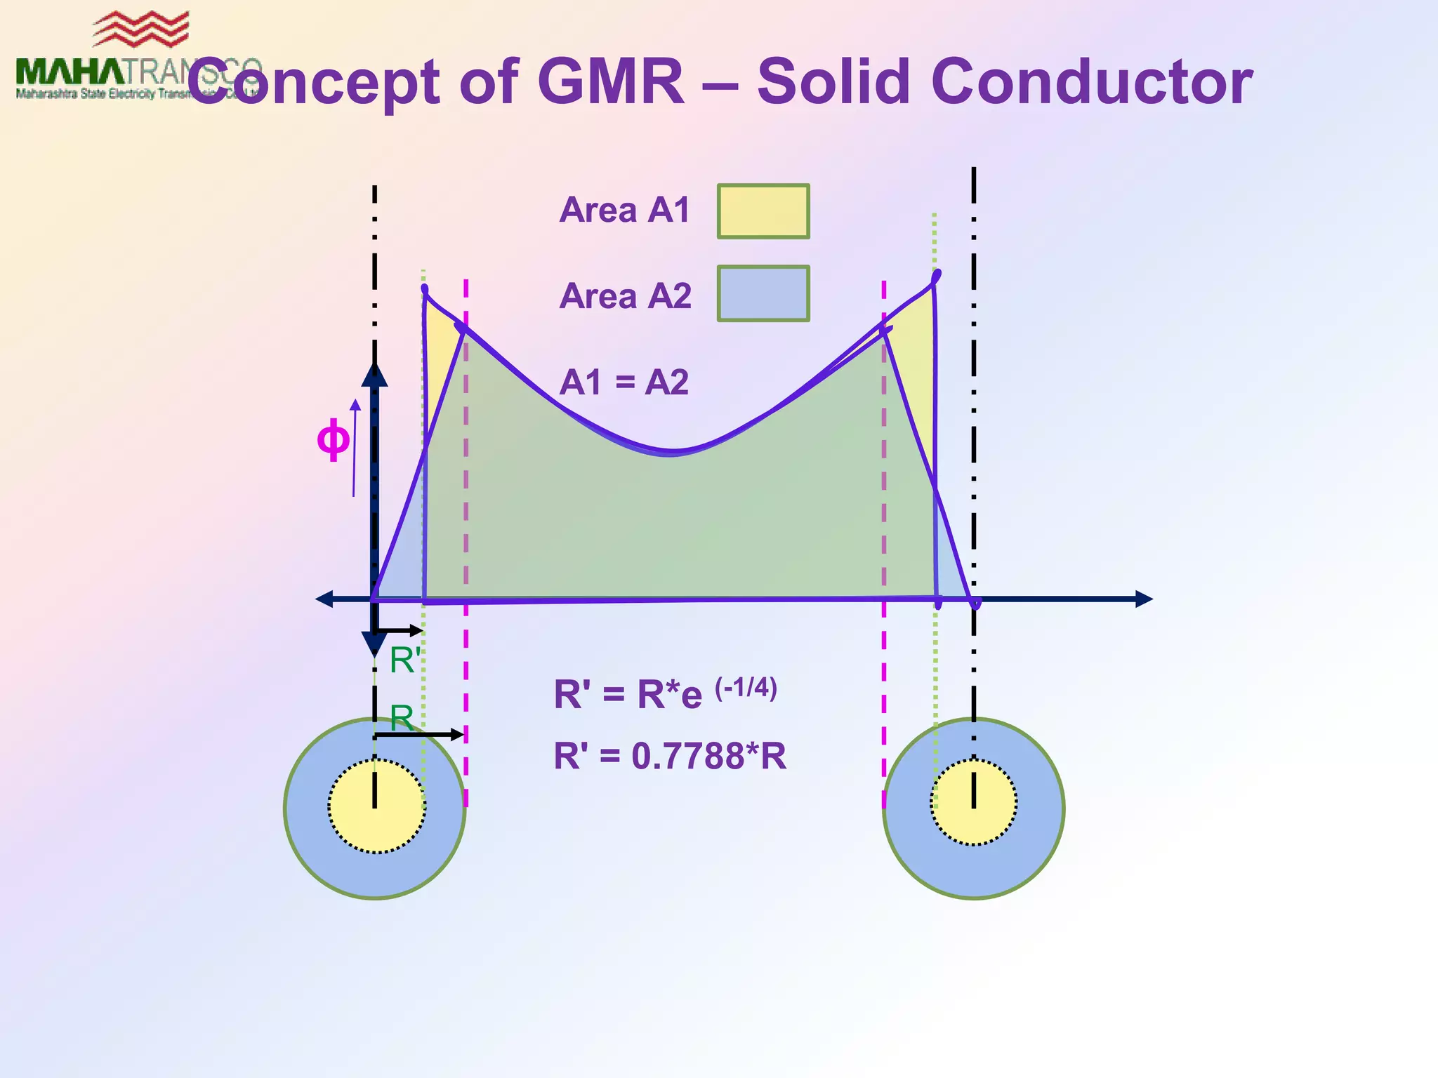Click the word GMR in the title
pyautogui.click(x=610, y=82)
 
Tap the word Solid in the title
pyautogui.click(x=835, y=82)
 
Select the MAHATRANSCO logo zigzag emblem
pyautogui.click(x=140, y=29)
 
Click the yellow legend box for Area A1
pyautogui.click(x=763, y=211)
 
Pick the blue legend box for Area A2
pyautogui.click(x=763, y=293)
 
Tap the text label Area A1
pyautogui.click(x=625, y=210)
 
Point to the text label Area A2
pyautogui.click(x=625, y=296)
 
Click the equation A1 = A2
pyautogui.click(x=624, y=382)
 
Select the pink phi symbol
pyautogui.click(x=333, y=440)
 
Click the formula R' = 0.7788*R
pyautogui.click(x=670, y=757)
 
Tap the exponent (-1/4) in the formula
pyautogui.click(x=746, y=688)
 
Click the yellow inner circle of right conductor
pyautogui.click(x=974, y=803)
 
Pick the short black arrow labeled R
pyautogui.click(x=419, y=735)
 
